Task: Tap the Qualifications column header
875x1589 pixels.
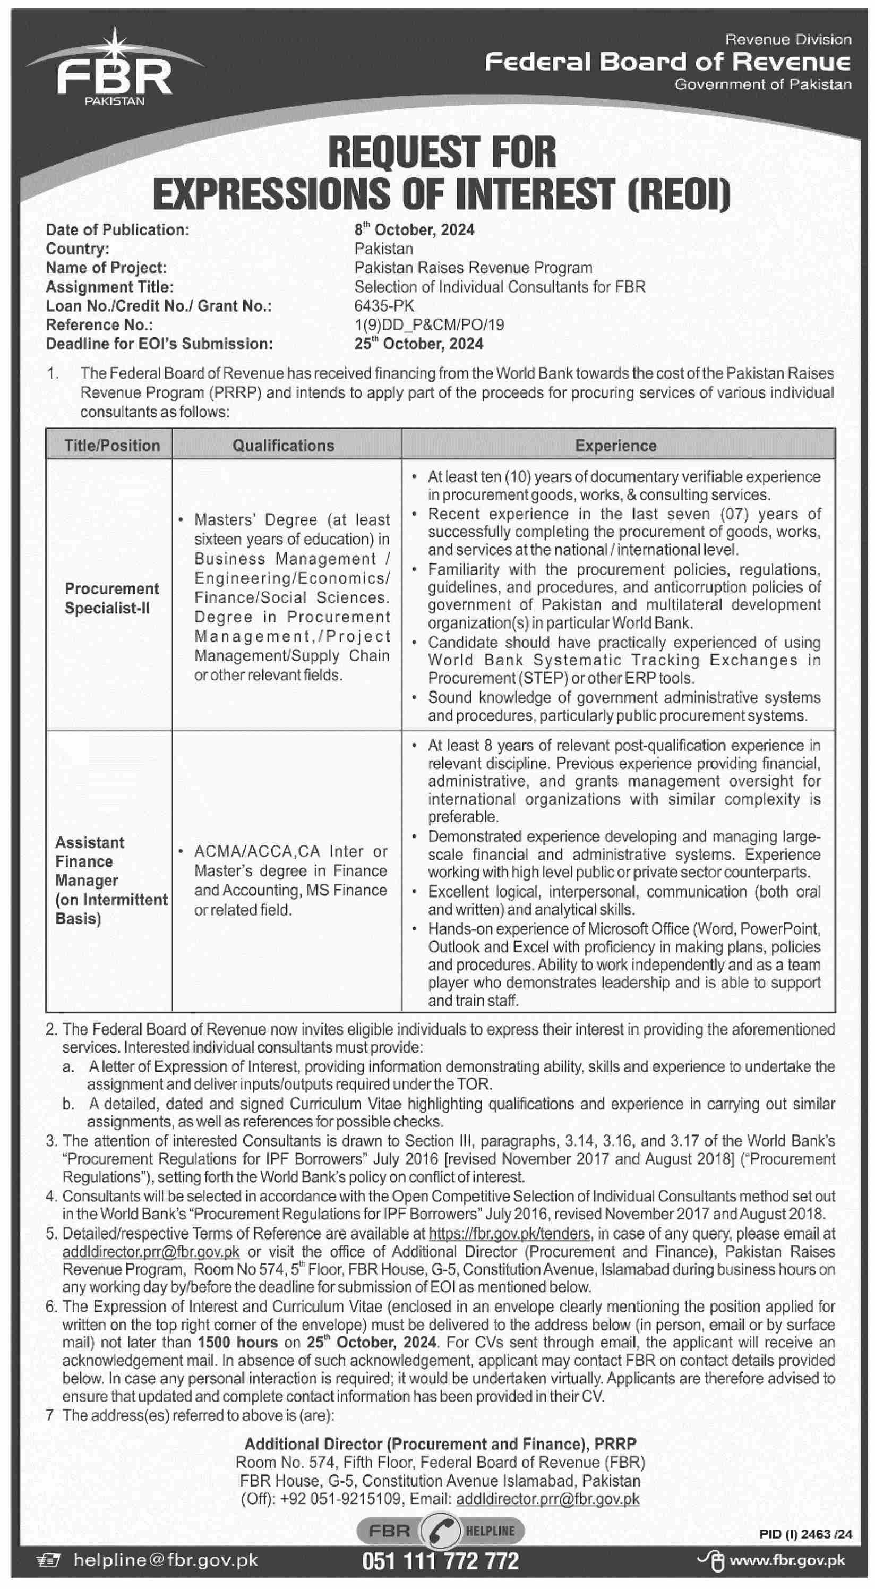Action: [x=283, y=446]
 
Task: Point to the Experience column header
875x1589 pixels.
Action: [x=615, y=446]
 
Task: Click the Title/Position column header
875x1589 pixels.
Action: [x=111, y=446]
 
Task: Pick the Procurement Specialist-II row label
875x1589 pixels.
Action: [x=111, y=599]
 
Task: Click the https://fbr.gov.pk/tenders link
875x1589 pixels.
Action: [x=509, y=1233]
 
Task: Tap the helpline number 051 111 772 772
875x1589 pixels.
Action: [x=440, y=1561]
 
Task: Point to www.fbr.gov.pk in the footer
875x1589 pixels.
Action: [x=787, y=1561]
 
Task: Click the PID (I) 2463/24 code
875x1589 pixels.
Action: [x=806, y=1534]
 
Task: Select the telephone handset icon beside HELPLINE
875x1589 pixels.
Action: [x=440, y=1531]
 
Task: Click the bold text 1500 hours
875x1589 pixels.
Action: [x=237, y=1342]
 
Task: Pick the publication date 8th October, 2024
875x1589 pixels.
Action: [x=414, y=230]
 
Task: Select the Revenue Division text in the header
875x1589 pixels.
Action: [x=787, y=40]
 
